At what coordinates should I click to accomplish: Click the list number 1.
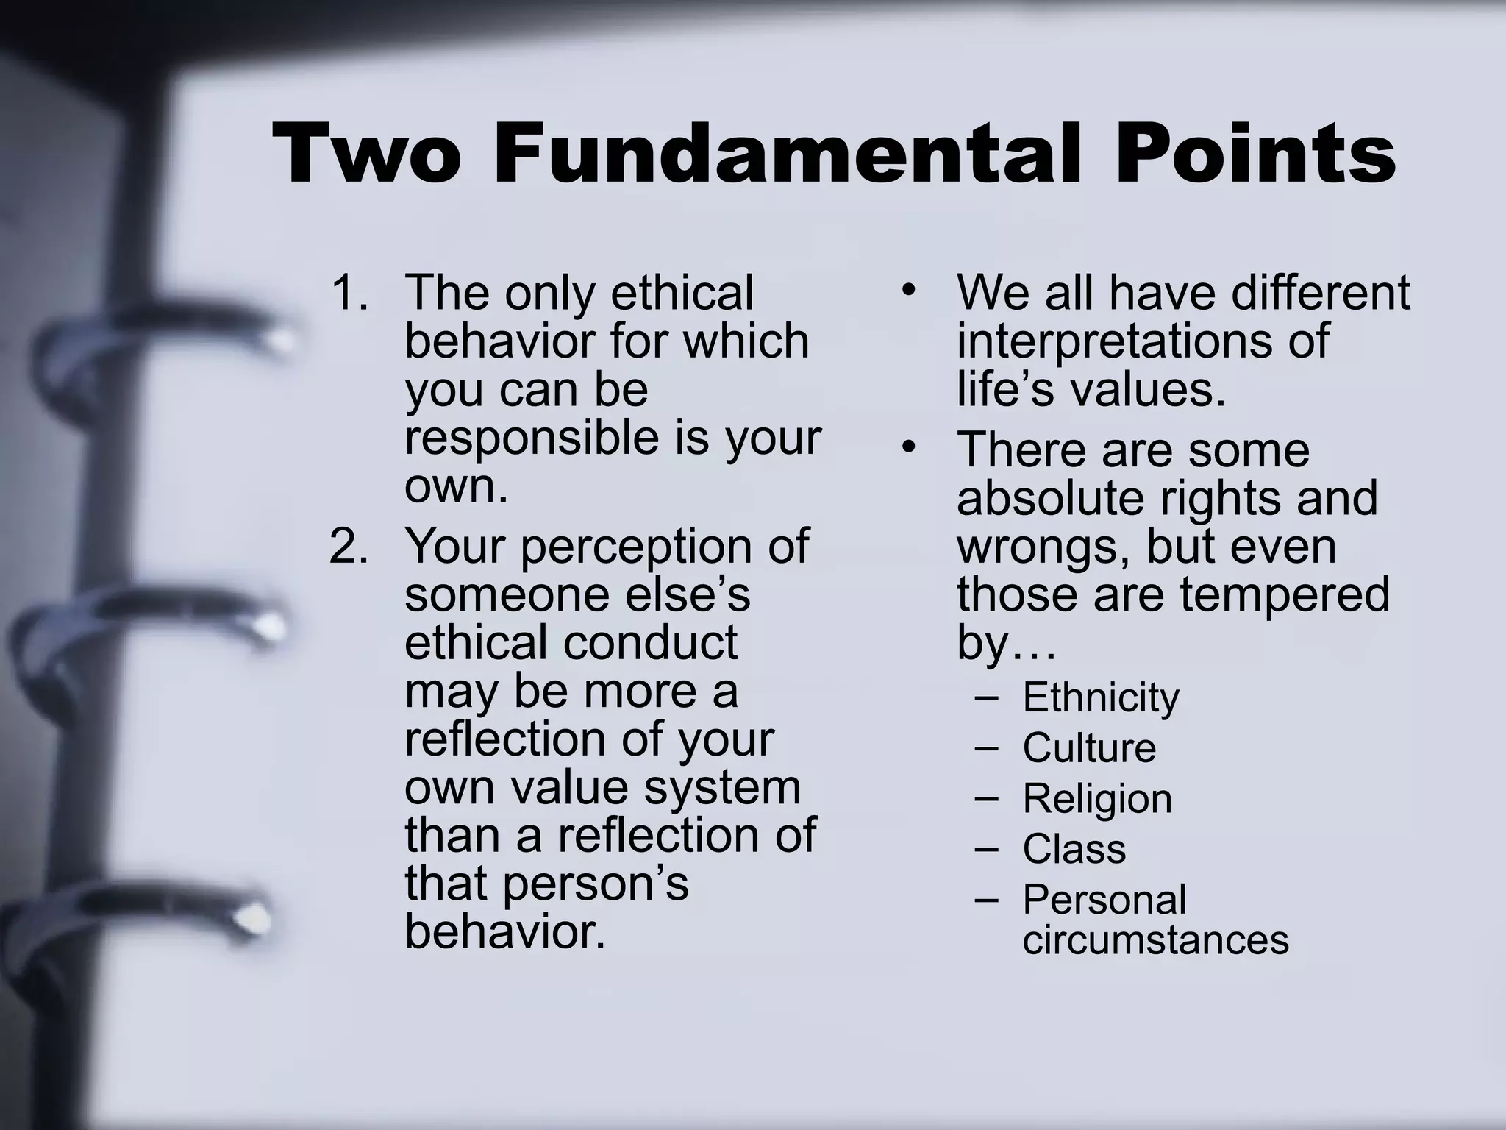(x=348, y=293)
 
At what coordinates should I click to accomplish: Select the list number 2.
(x=348, y=547)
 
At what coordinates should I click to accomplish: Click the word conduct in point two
(x=650, y=642)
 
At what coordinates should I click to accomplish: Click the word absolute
(x=1051, y=499)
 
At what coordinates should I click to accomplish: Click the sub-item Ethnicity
(x=1100, y=697)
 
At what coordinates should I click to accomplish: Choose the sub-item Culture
(x=1089, y=748)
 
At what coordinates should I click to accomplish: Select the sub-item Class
(x=1074, y=849)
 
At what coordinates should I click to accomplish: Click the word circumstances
(x=1155, y=940)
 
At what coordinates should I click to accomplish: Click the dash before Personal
(x=986, y=900)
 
